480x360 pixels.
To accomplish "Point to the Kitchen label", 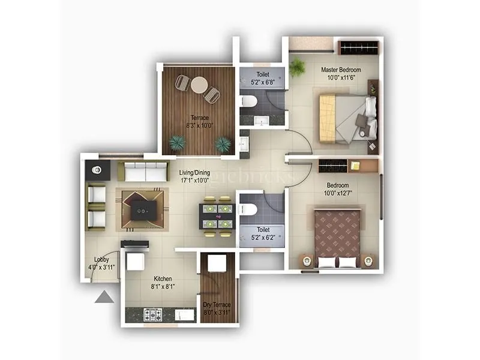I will click(163, 279).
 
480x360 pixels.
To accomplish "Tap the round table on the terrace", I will click(199, 85).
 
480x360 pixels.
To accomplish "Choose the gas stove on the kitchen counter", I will click(153, 314).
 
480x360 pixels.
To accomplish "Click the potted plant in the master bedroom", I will click(296, 67).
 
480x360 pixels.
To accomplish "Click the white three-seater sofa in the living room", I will click(142, 172).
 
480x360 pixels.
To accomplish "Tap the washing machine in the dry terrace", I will click(217, 263).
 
